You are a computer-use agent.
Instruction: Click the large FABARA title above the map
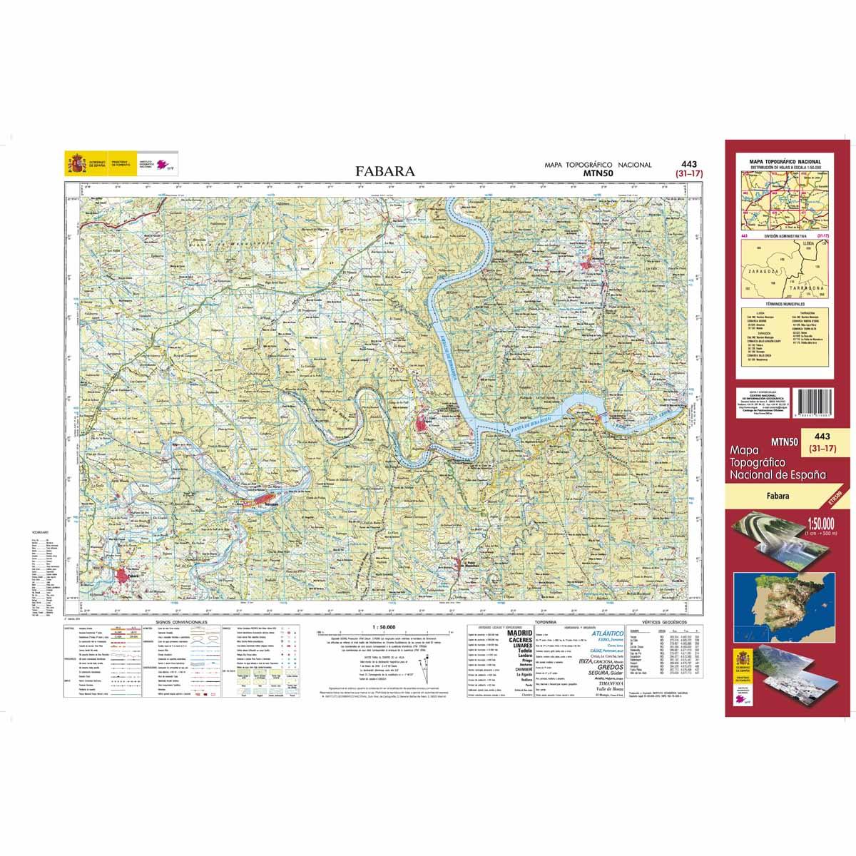click(x=384, y=171)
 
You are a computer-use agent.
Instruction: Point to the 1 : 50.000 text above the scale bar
click(x=383, y=626)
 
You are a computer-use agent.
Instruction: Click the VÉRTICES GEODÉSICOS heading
click(x=662, y=623)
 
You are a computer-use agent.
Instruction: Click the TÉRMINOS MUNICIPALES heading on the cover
click(x=784, y=303)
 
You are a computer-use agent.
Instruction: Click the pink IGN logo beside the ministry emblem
click(x=165, y=163)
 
